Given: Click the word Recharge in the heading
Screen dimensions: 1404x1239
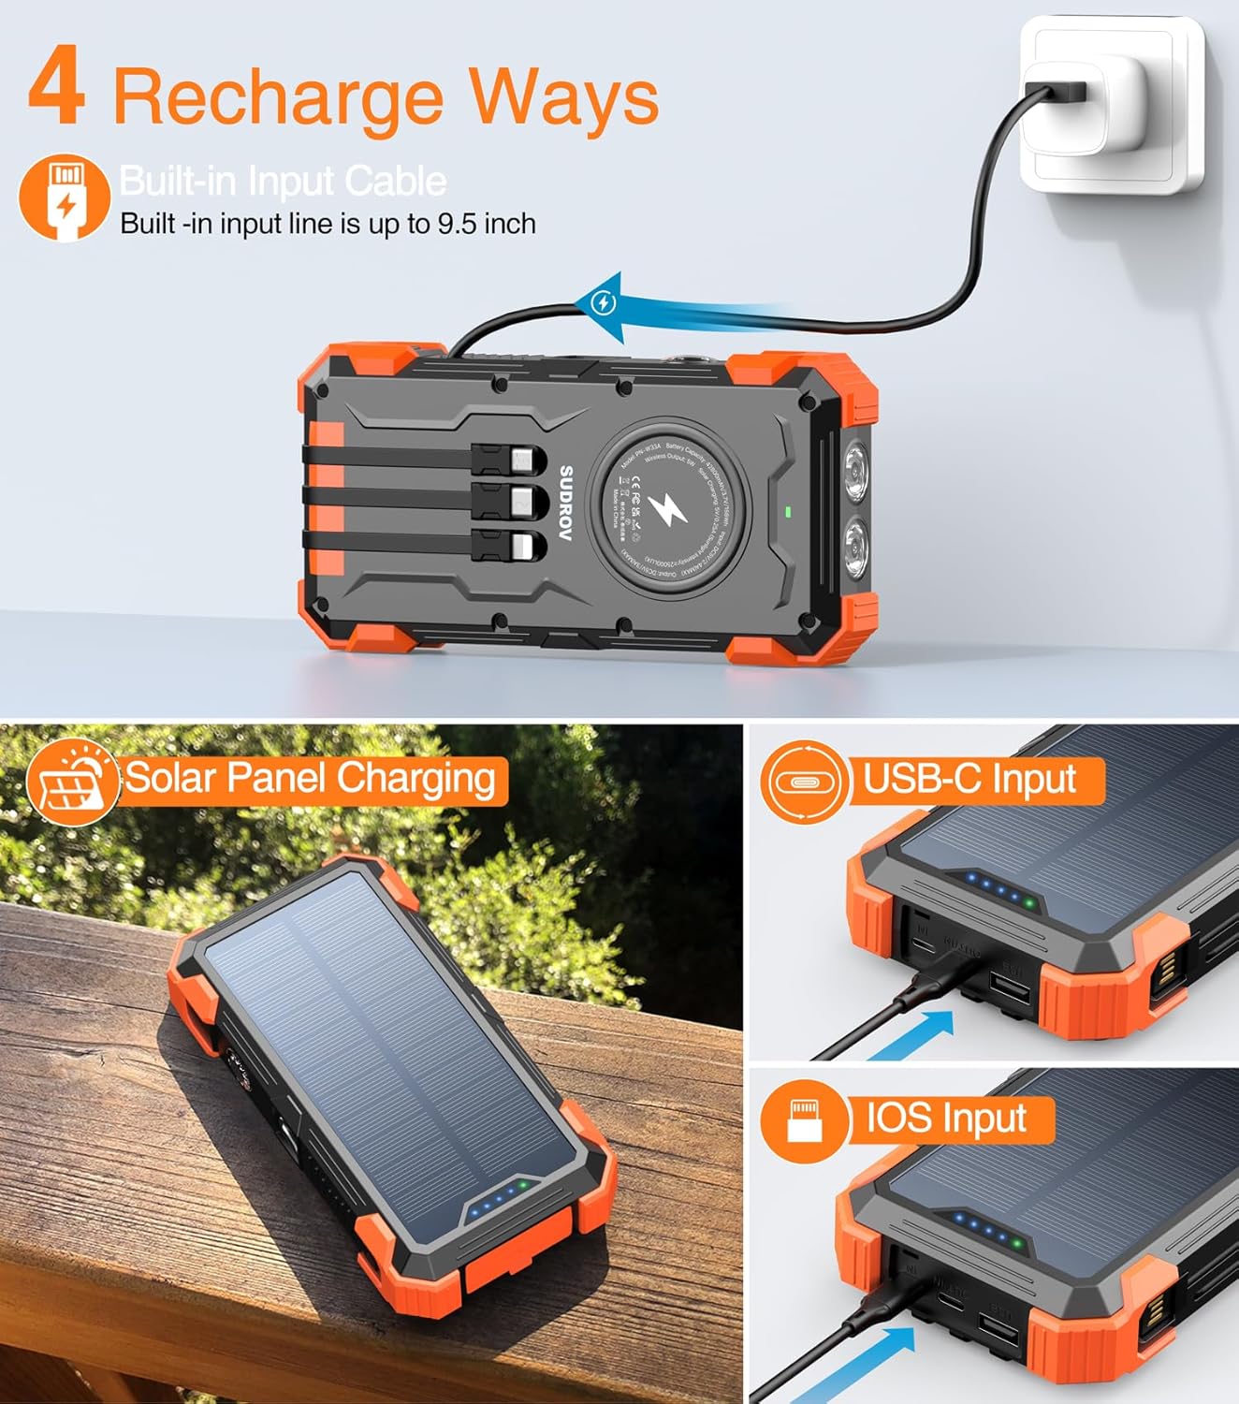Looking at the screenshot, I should (x=278, y=97).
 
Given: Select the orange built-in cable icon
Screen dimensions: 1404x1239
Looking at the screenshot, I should (x=64, y=198).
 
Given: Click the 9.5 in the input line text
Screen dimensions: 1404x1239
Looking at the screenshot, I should (x=458, y=225).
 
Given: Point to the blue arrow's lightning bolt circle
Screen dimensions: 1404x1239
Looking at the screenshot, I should (x=605, y=302).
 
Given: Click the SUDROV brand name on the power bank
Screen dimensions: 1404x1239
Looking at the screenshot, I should (x=565, y=504).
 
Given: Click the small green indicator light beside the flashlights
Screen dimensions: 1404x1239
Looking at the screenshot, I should (x=788, y=511).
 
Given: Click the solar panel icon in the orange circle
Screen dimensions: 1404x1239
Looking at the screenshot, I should (x=72, y=782).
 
